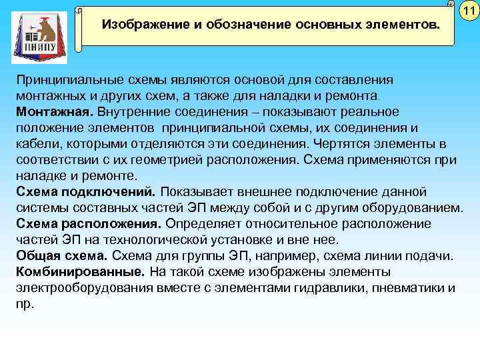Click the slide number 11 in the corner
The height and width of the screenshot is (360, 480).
(469, 10)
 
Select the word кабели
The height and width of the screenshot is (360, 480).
(34, 143)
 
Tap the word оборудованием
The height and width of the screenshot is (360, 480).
(414, 207)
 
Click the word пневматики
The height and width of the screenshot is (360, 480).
(409, 287)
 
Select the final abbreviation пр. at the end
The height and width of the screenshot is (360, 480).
(24, 303)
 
